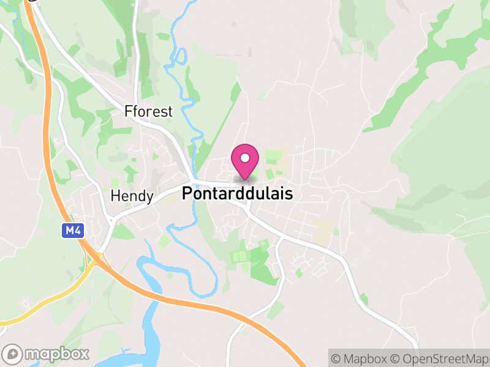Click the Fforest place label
coord(148,112)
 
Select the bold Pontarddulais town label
coord(238,194)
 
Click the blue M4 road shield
coord(72,231)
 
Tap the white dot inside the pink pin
coord(245,158)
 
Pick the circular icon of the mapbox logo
coord(13,354)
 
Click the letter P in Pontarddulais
coord(187,194)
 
